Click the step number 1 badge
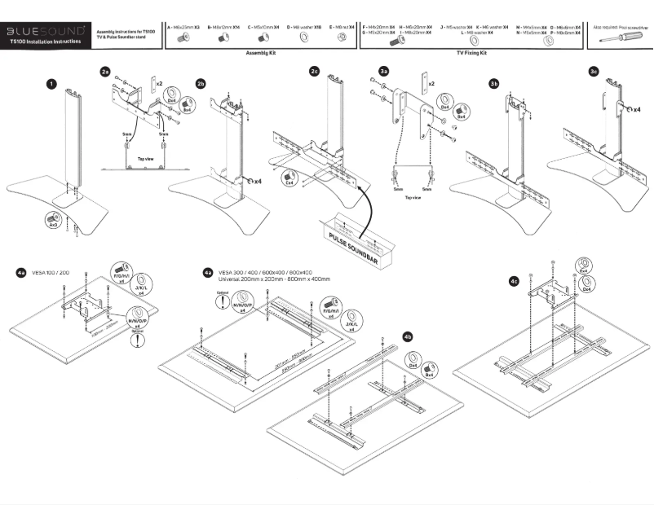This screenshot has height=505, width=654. [x=51, y=83]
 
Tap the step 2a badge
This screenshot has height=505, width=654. [x=105, y=72]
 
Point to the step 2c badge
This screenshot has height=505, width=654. [x=314, y=72]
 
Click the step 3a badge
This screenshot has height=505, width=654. [x=383, y=72]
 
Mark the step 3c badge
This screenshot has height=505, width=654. [x=593, y=72]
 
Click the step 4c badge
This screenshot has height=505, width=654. [x=513, y=281]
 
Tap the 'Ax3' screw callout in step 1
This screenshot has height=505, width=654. [x=51, y=221]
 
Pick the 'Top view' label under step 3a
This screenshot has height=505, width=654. [x=412, y=197]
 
